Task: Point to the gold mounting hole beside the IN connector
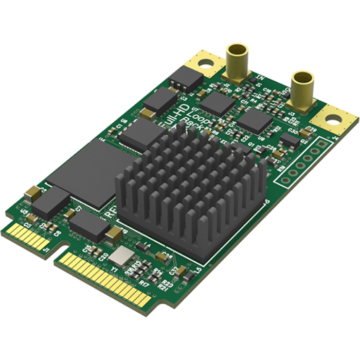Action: pyautogui.click(x=205, y=64)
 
